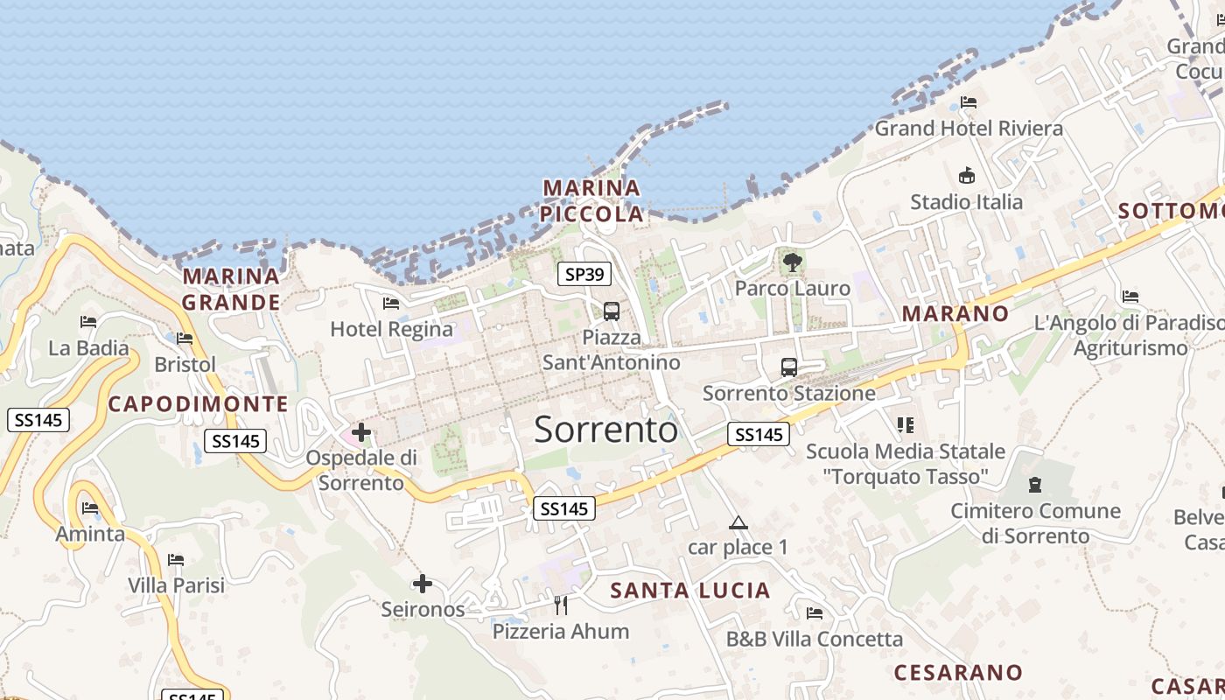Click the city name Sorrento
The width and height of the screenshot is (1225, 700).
tap(605, 430)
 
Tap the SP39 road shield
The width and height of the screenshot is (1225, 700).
tap(584, 274)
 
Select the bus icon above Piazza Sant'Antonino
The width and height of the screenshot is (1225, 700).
tap(612, 311)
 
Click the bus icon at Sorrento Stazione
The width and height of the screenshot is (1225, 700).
tap(789, 367)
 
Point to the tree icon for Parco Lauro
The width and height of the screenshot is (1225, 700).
tap(793, 262)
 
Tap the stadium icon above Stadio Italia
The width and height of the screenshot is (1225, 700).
tap(967, 176)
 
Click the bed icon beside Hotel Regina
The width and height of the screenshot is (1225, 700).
tap(391, 304)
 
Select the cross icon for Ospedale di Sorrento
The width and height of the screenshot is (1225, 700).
tap(361, 431)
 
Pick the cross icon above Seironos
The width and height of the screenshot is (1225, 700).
tap(423, 584)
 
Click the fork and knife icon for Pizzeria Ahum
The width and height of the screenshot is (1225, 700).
tap(561, 605)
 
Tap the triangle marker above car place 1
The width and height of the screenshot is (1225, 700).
tap(738, 523)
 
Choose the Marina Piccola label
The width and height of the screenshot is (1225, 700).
tap(591, 200)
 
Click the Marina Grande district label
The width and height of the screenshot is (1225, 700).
tap(231, 290)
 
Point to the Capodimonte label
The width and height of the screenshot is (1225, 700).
tap(198, 403)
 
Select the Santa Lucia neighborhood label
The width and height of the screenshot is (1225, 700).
tap(690, 591)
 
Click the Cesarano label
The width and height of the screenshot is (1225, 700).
tap(958, 672)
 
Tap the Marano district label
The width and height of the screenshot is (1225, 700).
tap(955, 313)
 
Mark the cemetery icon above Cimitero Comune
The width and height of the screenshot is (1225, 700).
tap(1035, 484)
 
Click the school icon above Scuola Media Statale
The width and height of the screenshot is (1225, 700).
tap(906, 425)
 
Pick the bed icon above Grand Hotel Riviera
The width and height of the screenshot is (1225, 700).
tap(969, 102)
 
